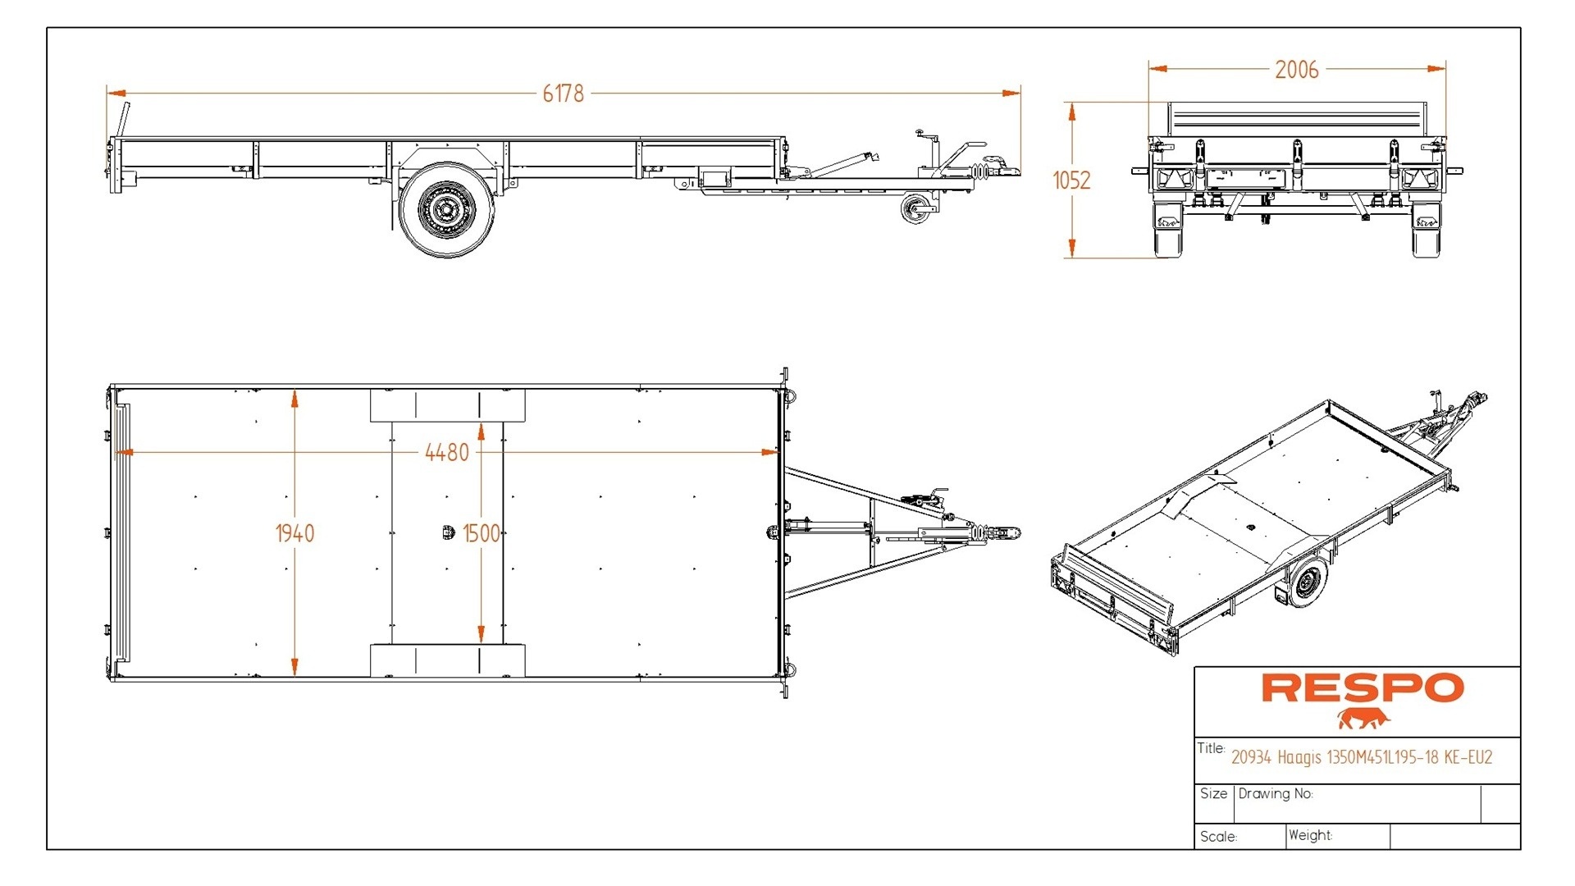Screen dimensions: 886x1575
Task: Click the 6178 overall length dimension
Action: point(563,94)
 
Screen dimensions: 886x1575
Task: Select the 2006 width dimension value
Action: point(1296,70)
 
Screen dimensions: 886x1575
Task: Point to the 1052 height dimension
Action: point(1071,180)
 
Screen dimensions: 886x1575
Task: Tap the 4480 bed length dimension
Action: point(447,452)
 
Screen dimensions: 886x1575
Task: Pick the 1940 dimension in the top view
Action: point(294,534)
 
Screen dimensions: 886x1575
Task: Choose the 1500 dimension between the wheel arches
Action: point(481,534)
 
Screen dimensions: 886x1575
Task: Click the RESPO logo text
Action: point(1362,688)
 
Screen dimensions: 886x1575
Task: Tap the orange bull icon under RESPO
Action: point(1363,719)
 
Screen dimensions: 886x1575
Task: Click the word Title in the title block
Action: point(1211,748)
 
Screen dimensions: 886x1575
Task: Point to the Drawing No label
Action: point(1276,793)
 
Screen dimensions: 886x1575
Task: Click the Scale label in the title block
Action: point(1218,837)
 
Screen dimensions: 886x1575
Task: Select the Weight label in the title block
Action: point(1310,835)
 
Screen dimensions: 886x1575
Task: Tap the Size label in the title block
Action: point(1213,793)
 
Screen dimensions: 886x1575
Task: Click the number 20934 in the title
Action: point(1251,757)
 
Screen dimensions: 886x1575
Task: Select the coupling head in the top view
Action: point(1007,533)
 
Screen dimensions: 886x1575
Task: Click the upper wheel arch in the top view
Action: point(447,405)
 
